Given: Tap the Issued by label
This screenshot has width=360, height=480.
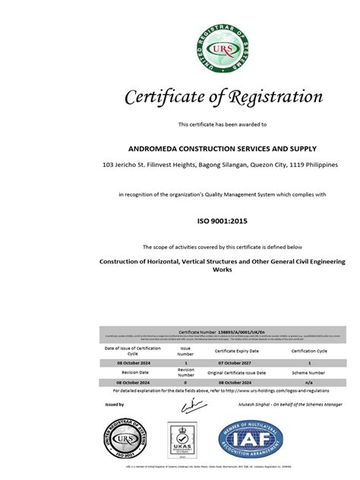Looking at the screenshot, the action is tap(115, 405).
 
